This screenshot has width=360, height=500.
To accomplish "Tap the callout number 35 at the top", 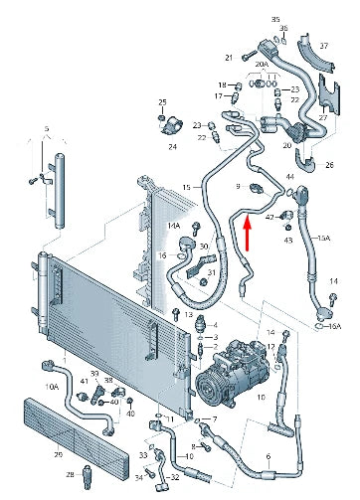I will [275, 20].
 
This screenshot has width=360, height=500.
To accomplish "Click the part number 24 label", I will [172, 146].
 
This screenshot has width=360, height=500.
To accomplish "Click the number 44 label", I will [289, 176].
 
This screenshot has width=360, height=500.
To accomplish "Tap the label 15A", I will [322, 239].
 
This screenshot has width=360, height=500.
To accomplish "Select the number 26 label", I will [330, 163].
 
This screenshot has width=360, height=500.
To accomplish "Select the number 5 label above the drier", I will [46, 128].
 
